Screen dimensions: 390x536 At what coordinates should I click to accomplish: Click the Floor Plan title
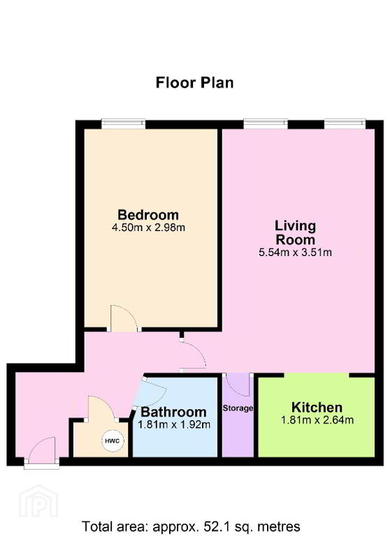click(194, 83)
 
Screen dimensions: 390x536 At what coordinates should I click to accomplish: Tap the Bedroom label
click(148, 215)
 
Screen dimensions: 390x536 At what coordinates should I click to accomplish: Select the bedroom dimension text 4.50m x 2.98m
click(148, 228)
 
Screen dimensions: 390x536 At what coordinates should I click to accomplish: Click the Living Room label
click(295, 232)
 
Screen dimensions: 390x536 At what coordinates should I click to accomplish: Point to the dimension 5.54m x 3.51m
click(295, 253)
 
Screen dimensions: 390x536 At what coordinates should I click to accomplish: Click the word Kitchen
click(317, 407)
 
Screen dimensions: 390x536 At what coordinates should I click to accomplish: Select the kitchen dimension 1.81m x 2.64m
click(317, 419)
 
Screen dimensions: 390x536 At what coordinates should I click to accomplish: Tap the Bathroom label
click(173, 412)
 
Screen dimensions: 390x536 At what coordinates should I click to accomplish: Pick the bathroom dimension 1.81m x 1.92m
click(174, 424)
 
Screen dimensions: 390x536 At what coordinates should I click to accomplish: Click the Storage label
click(238, 408)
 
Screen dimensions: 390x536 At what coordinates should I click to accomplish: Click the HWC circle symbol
click(113, 441)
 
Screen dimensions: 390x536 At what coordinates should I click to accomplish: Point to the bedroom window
click(123, 123)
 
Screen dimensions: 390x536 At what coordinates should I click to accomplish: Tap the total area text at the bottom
click(191, 526)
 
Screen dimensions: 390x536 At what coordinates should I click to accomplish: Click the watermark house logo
click(38, 502)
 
